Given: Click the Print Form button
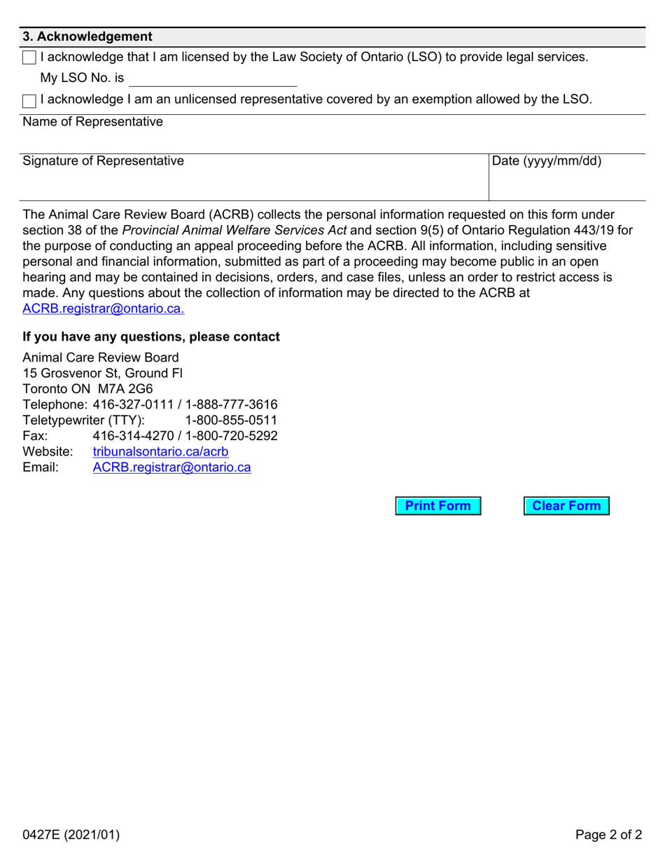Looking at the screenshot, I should (438, 506).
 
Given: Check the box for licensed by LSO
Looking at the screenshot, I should (29, 58).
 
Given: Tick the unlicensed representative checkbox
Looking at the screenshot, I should (29, 101).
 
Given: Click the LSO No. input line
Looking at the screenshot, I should (213, 78).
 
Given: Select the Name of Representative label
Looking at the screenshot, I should (92, 122).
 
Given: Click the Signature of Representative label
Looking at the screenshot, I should (104, 161).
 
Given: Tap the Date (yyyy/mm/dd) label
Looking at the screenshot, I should (547, 161).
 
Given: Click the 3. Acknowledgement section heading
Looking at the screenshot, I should (87, 36).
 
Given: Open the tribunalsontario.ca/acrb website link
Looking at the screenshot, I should (160, 452).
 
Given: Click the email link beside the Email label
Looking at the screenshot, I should (171, 467).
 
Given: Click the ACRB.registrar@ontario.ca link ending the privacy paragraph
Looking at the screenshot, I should (104, 308).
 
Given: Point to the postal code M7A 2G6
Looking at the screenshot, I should (120, 388).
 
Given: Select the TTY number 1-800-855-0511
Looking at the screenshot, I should (231, 420).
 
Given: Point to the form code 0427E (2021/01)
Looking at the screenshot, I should (71, 835).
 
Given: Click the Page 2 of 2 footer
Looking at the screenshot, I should (608, 835).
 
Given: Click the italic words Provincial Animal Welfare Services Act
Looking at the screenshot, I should (234, 230).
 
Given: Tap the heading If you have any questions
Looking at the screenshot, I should (151, 337).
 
